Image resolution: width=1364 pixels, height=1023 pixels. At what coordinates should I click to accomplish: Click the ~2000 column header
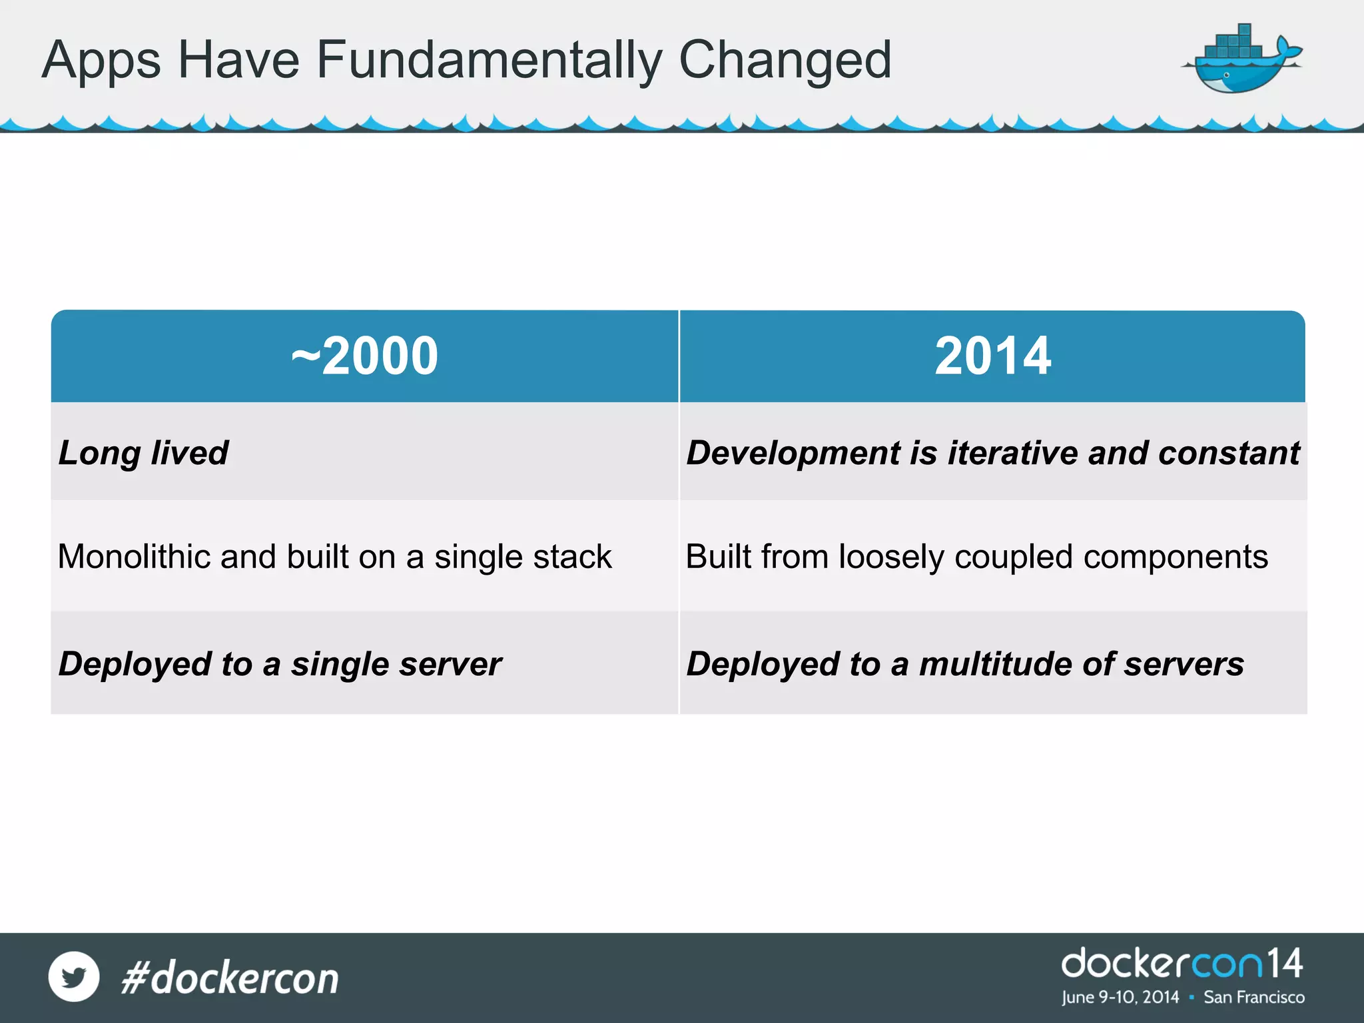point(365,356)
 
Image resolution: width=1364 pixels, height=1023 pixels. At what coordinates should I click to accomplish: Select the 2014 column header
point(992,356)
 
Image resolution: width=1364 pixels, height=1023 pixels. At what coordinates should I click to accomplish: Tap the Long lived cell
point(144,453)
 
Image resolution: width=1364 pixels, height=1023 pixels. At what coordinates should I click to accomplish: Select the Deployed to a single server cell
point(280,664)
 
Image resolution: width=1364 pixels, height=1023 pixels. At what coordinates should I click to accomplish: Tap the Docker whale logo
point(1240,60)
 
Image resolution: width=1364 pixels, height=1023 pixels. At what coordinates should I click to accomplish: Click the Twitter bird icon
point(74,976)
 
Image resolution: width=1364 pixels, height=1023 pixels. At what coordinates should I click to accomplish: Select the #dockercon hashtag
point(230,978)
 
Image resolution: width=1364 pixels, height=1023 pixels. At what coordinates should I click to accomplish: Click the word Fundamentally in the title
point(489,60)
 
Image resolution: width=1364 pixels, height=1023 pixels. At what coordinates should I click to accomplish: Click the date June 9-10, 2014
point(1120,997)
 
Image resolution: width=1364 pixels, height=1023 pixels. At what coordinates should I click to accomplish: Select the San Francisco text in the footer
point(1253,997)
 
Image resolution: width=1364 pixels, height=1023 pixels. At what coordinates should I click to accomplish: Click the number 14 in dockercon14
point(1283,964)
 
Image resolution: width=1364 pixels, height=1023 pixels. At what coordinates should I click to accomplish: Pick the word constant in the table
point(1229,453)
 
